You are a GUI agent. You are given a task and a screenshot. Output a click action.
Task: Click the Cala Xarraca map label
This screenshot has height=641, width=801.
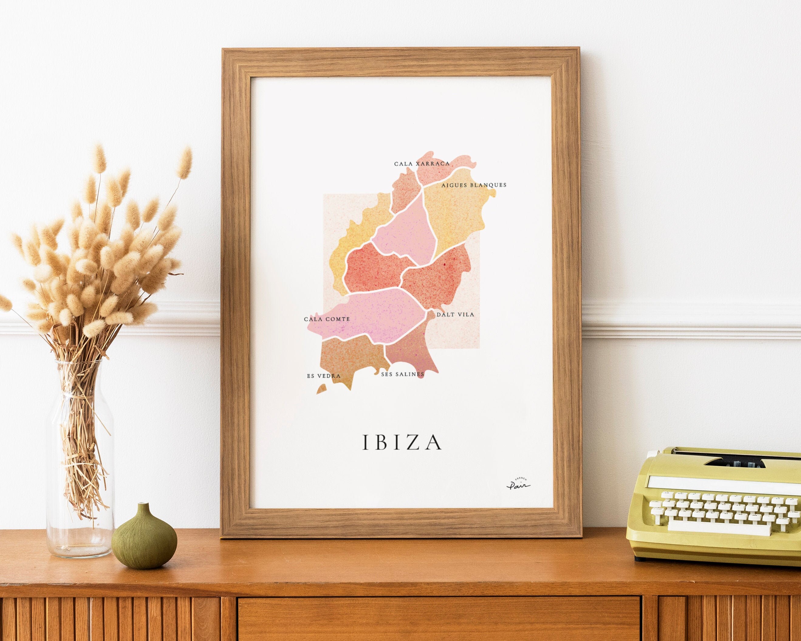(x=422, y=163)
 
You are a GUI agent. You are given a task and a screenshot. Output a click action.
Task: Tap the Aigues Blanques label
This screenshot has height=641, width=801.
(x=474, y=185)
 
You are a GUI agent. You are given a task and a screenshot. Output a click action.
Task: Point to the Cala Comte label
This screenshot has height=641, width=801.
(x=327, y=319)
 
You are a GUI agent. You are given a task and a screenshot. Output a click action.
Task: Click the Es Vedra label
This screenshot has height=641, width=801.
(x=323, y=376)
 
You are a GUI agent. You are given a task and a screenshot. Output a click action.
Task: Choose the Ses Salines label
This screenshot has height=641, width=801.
(x=402, y=374)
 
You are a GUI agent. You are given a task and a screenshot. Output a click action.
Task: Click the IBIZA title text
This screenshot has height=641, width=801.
(x=402, y=442)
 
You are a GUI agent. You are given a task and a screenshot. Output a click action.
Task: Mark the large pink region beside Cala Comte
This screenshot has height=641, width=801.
(x=375, y=316)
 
